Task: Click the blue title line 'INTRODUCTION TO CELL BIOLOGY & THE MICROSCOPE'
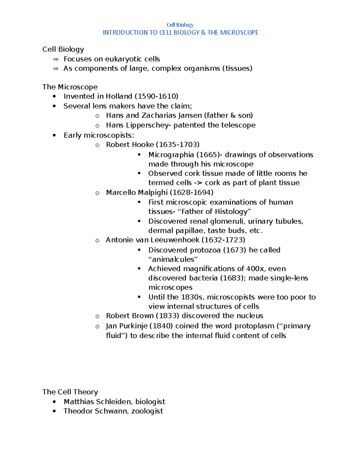180,33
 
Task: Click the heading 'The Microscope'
70,87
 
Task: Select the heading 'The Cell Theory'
70,392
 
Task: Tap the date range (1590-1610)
156,96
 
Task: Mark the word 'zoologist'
147,411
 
